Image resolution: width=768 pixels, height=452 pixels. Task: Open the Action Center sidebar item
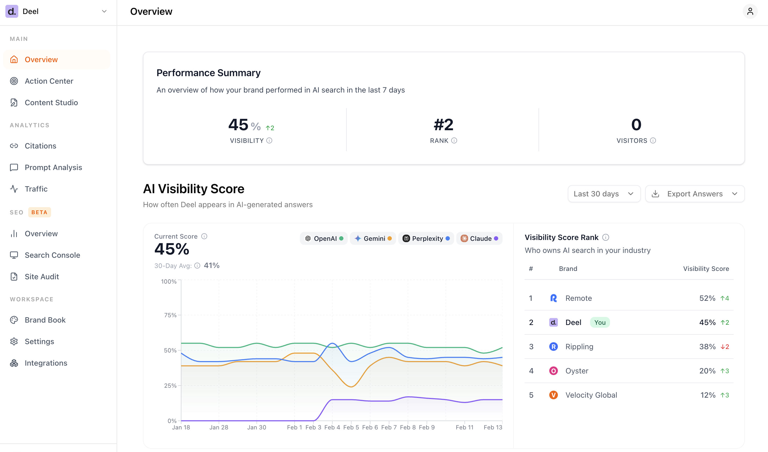(49, 81)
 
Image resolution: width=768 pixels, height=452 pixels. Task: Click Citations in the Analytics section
(40, 146)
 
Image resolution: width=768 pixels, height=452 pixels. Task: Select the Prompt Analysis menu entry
(53, 167)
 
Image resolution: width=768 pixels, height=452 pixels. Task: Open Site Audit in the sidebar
(41, 277)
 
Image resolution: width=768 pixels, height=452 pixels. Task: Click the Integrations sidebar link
(46, 363)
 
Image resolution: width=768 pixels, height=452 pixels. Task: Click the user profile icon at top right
(750, 11)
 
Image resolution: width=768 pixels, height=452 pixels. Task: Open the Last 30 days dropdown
(604, 194)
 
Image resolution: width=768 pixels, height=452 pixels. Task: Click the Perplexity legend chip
(426, 238)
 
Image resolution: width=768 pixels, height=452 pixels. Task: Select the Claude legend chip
(479, 238)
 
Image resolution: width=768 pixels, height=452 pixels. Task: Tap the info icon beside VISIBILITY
(269, 140)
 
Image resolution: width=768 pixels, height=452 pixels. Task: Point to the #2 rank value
(443, 125)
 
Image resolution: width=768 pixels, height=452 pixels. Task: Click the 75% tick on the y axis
(170, 315)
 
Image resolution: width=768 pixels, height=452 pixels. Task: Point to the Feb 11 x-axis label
(464, 427)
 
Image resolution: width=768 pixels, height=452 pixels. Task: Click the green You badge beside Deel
(600, 322)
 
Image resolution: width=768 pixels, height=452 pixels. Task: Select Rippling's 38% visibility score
(707, 347)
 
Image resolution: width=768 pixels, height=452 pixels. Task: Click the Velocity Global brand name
(591, 395)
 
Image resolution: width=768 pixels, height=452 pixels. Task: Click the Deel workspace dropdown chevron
(104, 11)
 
